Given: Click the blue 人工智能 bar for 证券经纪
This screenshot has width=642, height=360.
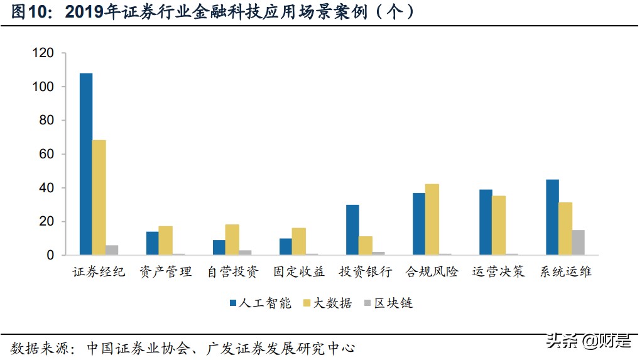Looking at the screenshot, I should [86, 164].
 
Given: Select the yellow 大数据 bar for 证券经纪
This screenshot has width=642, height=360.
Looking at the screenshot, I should [99, 197].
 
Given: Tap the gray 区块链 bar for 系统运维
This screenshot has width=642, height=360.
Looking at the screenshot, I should [578, 243].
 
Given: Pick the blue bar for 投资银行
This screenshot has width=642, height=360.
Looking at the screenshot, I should [352, 230].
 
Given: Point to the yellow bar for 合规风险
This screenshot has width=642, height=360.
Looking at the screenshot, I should [432, 219].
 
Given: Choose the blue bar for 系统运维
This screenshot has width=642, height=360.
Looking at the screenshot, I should [552, 217].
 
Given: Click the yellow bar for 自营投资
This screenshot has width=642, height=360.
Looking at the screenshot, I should [232, 239].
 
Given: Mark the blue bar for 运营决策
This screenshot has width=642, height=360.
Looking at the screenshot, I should [486, 222].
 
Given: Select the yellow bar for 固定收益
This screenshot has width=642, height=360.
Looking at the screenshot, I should [299, 241].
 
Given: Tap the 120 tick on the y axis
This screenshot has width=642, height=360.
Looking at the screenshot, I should [44, 53].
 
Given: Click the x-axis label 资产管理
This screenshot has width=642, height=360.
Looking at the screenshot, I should [166, 272].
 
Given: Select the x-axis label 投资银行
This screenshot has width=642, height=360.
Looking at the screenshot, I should [366, 272].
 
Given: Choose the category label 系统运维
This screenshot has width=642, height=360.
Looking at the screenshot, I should [565, 272].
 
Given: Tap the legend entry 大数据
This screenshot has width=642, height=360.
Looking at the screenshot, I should [327, 303].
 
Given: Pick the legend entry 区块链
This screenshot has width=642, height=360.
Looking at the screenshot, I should [388, 303].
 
